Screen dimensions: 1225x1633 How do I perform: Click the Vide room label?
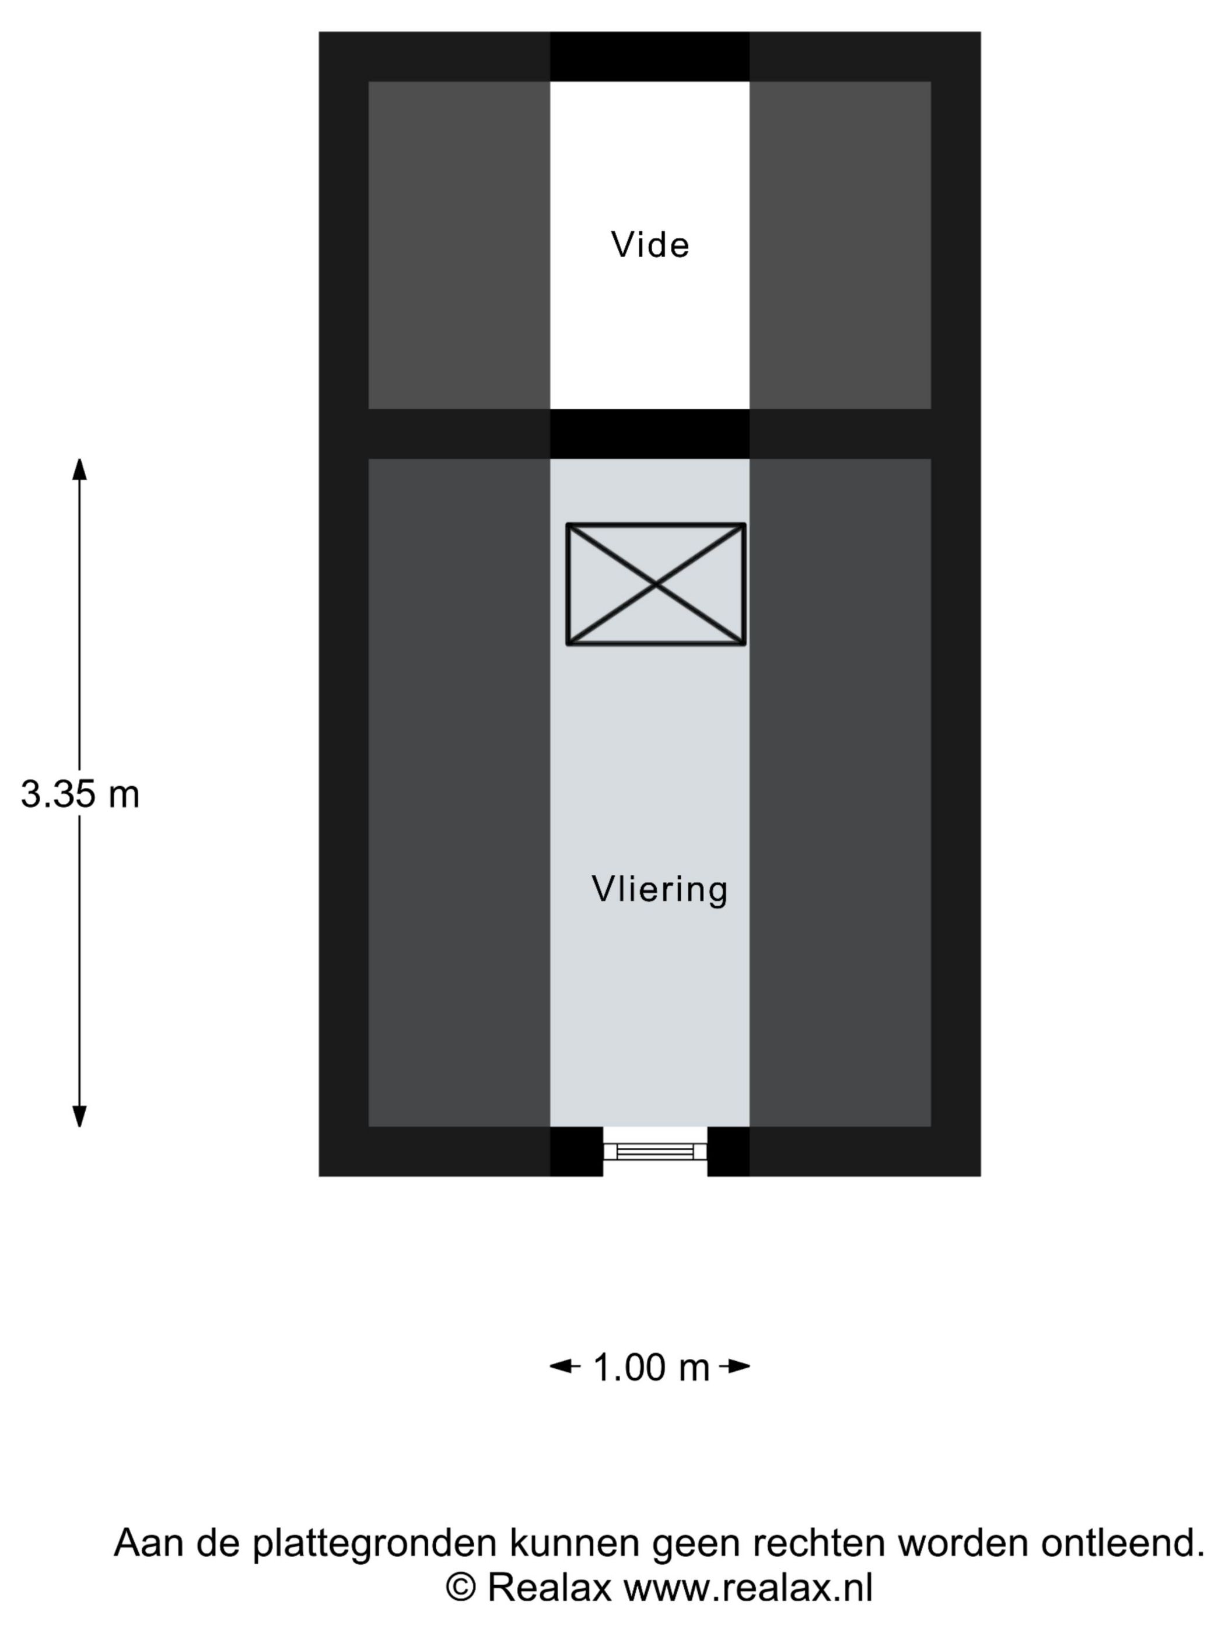[650, 244]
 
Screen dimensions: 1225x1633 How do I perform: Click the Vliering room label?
[659, 889]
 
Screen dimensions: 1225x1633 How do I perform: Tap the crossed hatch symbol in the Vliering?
[656, 585]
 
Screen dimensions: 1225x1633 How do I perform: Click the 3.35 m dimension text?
[80, 794]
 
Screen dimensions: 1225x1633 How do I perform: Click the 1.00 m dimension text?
[650, 1367]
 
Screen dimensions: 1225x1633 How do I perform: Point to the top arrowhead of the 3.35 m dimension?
[79, 468]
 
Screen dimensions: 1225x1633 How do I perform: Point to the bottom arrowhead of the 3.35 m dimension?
[79, 1116]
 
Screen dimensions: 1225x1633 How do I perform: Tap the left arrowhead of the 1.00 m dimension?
[561, 1366]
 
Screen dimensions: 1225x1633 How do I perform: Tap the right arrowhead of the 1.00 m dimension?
[739, 1366]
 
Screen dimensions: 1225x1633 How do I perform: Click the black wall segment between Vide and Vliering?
[650, 433]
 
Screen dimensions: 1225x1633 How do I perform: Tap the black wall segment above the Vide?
[650, 56]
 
